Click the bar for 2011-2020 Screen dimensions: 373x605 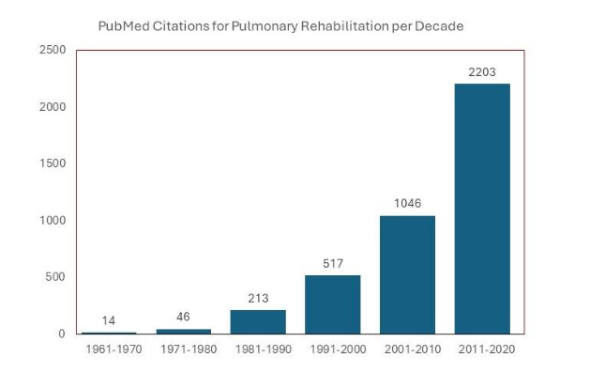tap(482, 209)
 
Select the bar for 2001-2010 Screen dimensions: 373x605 tap(407, 274)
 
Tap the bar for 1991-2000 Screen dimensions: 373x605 tap(332, 304)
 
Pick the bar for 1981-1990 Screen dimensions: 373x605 tap(258, 321)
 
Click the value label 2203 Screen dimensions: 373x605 tap(482, 72)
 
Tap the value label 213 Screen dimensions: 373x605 tap(258, 298)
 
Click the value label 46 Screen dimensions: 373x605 tap(183, 317)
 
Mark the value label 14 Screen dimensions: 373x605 tap(109, 320)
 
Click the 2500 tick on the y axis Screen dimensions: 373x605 tap(52, 50)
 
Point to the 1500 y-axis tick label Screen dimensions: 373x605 tap(52, 163)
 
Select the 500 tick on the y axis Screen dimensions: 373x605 tap(55, 277)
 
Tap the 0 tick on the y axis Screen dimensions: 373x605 tap(62, 334)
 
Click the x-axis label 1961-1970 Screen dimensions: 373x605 tap(109, 350)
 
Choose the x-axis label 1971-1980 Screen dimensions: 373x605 tap(183, 350)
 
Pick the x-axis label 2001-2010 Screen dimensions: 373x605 tap(407, 350)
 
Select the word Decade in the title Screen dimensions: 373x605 tap(442, 26)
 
